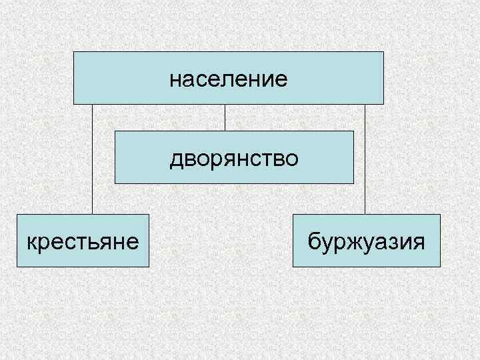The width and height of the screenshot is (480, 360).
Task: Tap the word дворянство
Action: click(x=234, y=159)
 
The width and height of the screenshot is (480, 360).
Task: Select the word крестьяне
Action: click(x=83, y=241)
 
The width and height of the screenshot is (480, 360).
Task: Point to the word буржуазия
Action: click(x=366, y=241)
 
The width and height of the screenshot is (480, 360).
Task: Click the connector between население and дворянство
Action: click(x=225, y=117)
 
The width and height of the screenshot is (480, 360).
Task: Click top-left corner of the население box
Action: click(x=74, y=52)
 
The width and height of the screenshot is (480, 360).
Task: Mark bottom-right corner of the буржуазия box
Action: click(x=440, y=267)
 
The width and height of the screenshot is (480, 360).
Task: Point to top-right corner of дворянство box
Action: click(x=353, y=131)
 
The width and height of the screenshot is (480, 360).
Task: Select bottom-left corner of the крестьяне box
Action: click(x=17, y=267)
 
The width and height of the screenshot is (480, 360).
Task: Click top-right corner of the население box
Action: click(x=383, y=52)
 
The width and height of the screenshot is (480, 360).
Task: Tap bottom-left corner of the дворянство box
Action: click(x=115, y=183)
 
